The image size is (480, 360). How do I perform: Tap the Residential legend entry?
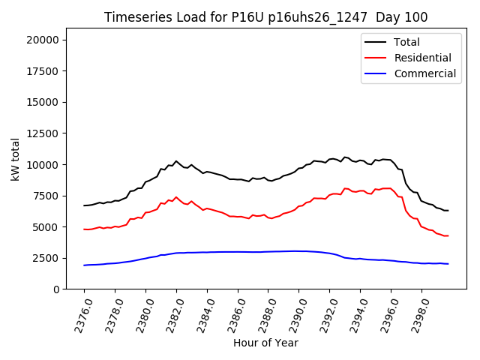click(422, 58)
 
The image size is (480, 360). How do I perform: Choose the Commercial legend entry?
click(424, 73)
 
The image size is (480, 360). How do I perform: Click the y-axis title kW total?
click(16, 158)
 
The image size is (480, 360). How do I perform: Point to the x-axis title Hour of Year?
click(265, 343)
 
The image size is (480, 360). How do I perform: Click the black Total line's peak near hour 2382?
click(176, 161)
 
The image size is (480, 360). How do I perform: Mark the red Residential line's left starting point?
click(84, 229)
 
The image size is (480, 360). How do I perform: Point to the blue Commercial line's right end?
click(448, 264)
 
